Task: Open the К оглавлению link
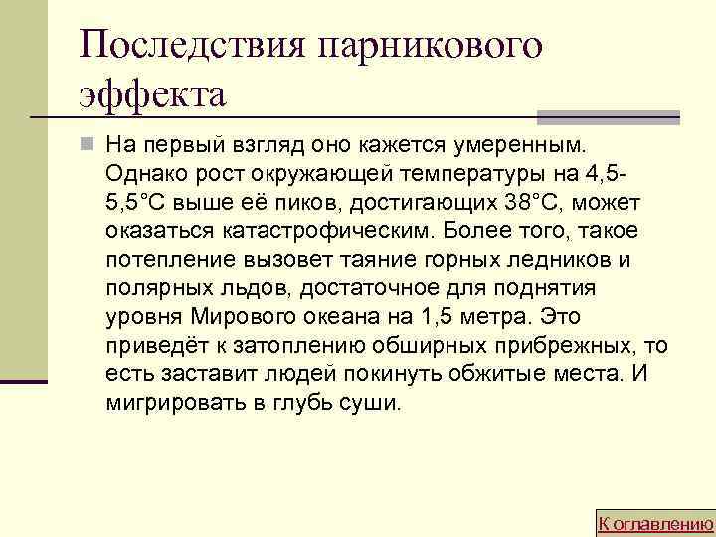point(654,523)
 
